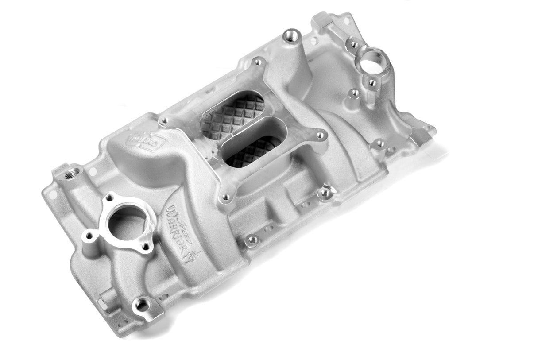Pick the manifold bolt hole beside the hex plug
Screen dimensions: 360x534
142,305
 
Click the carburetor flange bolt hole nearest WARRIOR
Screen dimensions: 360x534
226,197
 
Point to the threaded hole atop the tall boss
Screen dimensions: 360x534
291,35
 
